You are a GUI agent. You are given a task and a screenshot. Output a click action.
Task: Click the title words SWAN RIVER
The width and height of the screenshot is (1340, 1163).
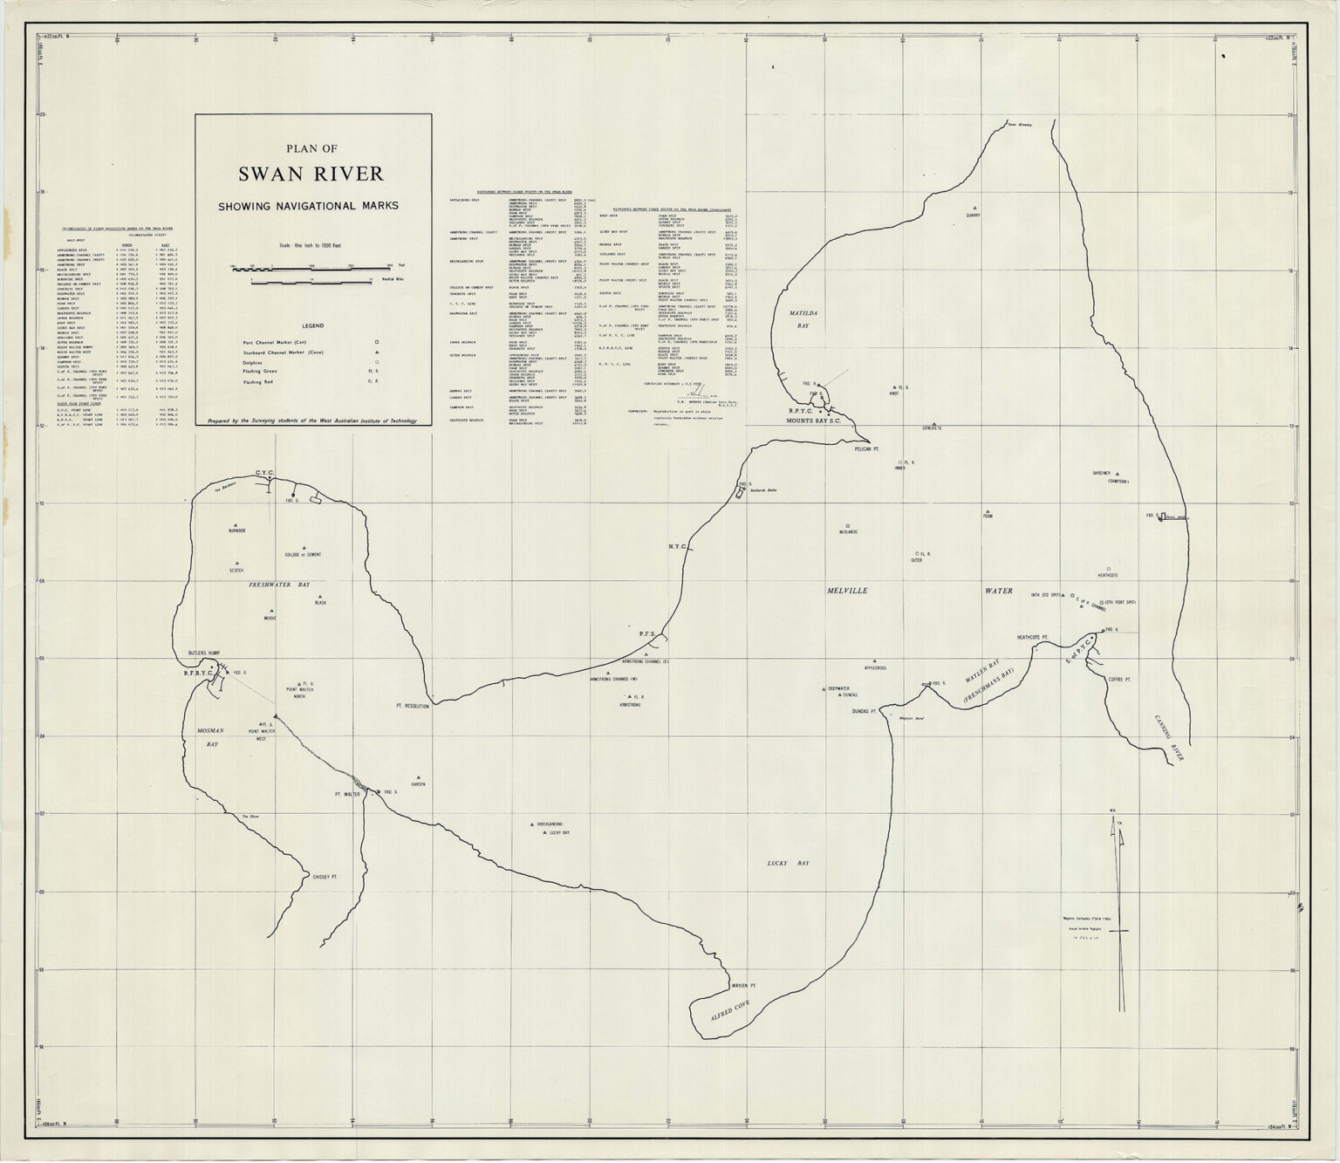(x=311, y=174)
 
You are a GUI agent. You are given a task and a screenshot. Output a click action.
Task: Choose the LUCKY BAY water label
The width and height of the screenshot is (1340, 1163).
(x=788, y=863)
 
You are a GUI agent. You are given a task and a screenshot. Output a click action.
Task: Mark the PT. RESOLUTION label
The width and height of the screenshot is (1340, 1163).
(x=412, y=706)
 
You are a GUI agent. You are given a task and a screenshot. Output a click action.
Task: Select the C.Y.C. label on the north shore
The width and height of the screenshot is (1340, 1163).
(x=265, y=473)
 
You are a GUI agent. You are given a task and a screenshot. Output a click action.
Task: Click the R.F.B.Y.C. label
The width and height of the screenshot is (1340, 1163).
(x=200, y=674)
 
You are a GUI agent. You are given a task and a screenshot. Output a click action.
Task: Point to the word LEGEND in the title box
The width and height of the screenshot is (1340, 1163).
(x=312, y=325)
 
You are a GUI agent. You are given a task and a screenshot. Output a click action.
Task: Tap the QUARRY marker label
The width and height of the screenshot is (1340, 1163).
(x=974, y=214)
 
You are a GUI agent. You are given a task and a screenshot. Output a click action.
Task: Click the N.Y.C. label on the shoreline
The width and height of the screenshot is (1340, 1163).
(x=678, y=547)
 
